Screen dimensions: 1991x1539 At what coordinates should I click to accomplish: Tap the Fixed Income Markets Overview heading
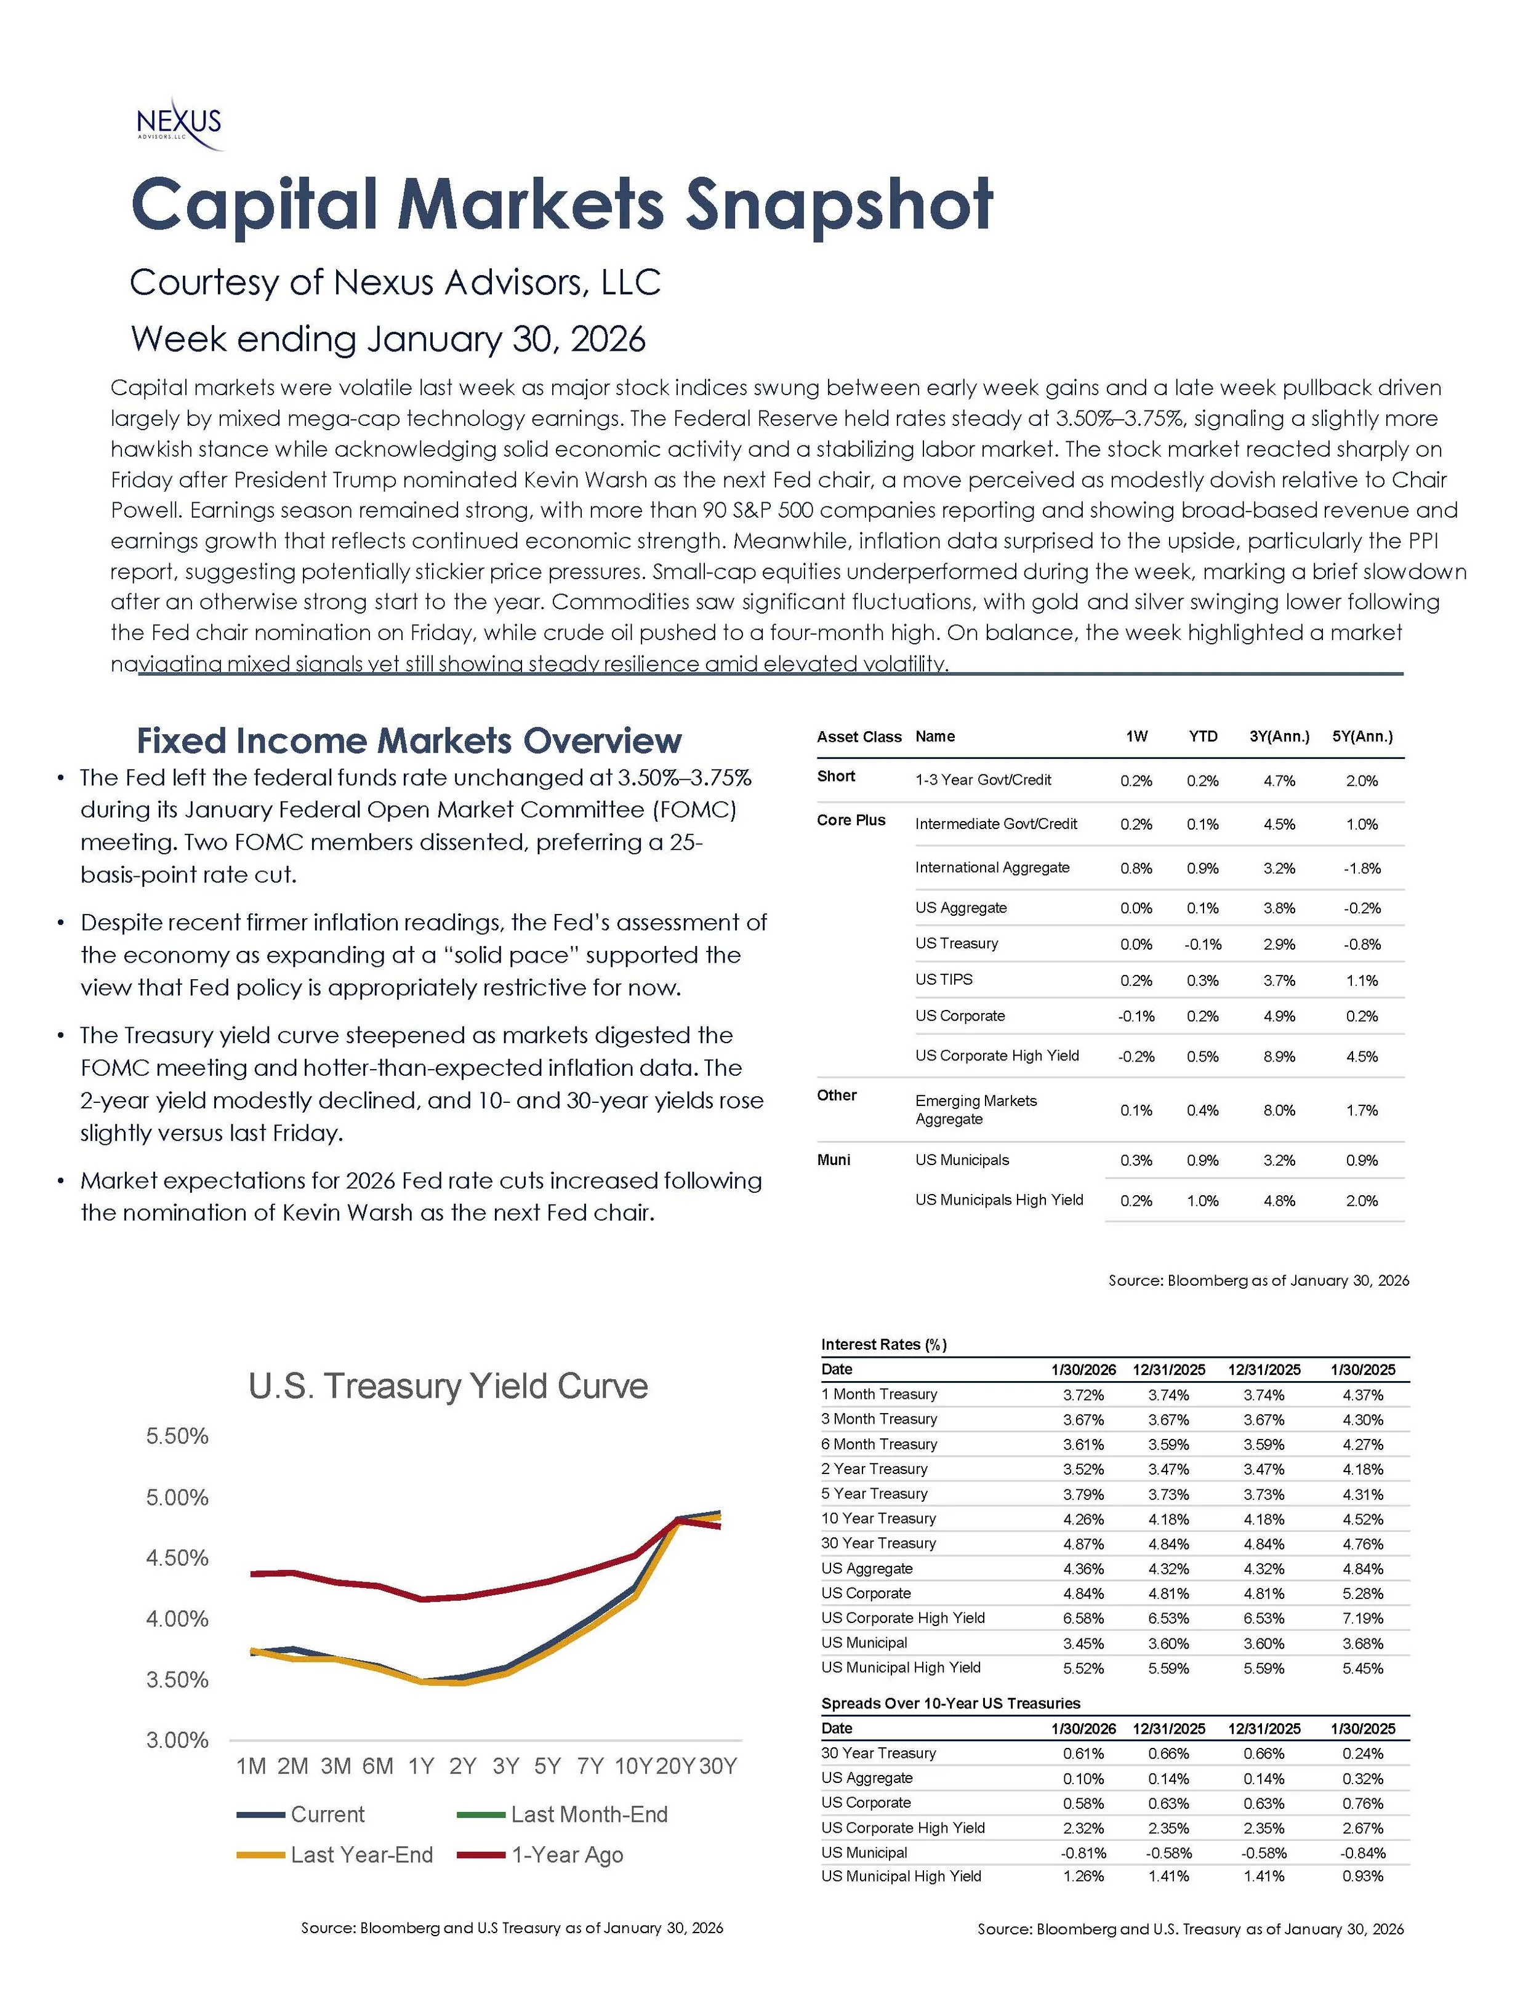[409, 740]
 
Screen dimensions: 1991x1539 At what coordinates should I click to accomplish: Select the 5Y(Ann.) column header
[1362, 737]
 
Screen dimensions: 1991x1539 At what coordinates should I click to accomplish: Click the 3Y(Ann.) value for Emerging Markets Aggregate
[1279, 1110]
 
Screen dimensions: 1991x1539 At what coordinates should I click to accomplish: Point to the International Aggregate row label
[992, 867]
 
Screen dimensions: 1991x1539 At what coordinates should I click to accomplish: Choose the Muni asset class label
[834, 1160]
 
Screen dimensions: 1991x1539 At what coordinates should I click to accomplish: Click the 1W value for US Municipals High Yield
[1136, 1201]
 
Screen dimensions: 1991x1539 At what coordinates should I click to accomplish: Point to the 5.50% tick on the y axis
[178, 1436]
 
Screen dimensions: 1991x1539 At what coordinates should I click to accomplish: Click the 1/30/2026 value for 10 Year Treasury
[1083, 1520]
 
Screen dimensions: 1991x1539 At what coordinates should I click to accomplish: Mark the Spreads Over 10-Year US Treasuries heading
[950, 1704]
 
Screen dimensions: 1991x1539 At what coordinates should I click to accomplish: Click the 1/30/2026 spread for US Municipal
[1083, 1853]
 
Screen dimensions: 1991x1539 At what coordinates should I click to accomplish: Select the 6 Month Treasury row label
[879, 1444]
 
